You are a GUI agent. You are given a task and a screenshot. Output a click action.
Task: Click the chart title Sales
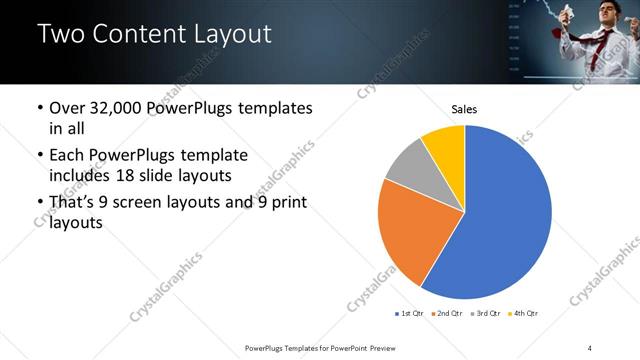tap(464, 108)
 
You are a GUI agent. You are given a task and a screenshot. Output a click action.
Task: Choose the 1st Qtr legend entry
tap(410, 314)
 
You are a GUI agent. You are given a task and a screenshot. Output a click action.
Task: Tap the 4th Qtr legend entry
tap(524, 314)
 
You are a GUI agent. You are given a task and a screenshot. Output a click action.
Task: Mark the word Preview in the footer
tap(384, 347)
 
